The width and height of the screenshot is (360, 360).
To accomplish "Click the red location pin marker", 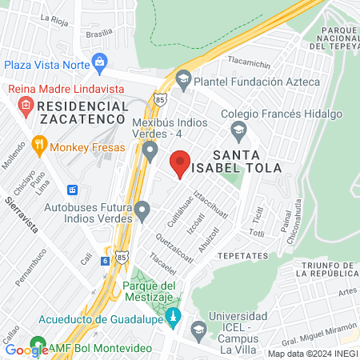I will (180, 162).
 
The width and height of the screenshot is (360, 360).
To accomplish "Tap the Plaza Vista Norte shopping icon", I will (100, 62).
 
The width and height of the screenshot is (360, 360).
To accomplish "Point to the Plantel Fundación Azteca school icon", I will (184, 81).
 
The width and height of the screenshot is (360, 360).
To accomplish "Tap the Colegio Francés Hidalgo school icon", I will (238, 129).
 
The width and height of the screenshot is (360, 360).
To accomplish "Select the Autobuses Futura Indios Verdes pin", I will (142, 212).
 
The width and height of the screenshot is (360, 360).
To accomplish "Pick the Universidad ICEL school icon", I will (199, 329).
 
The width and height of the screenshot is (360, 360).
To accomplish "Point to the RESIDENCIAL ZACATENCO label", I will (71, 112).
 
